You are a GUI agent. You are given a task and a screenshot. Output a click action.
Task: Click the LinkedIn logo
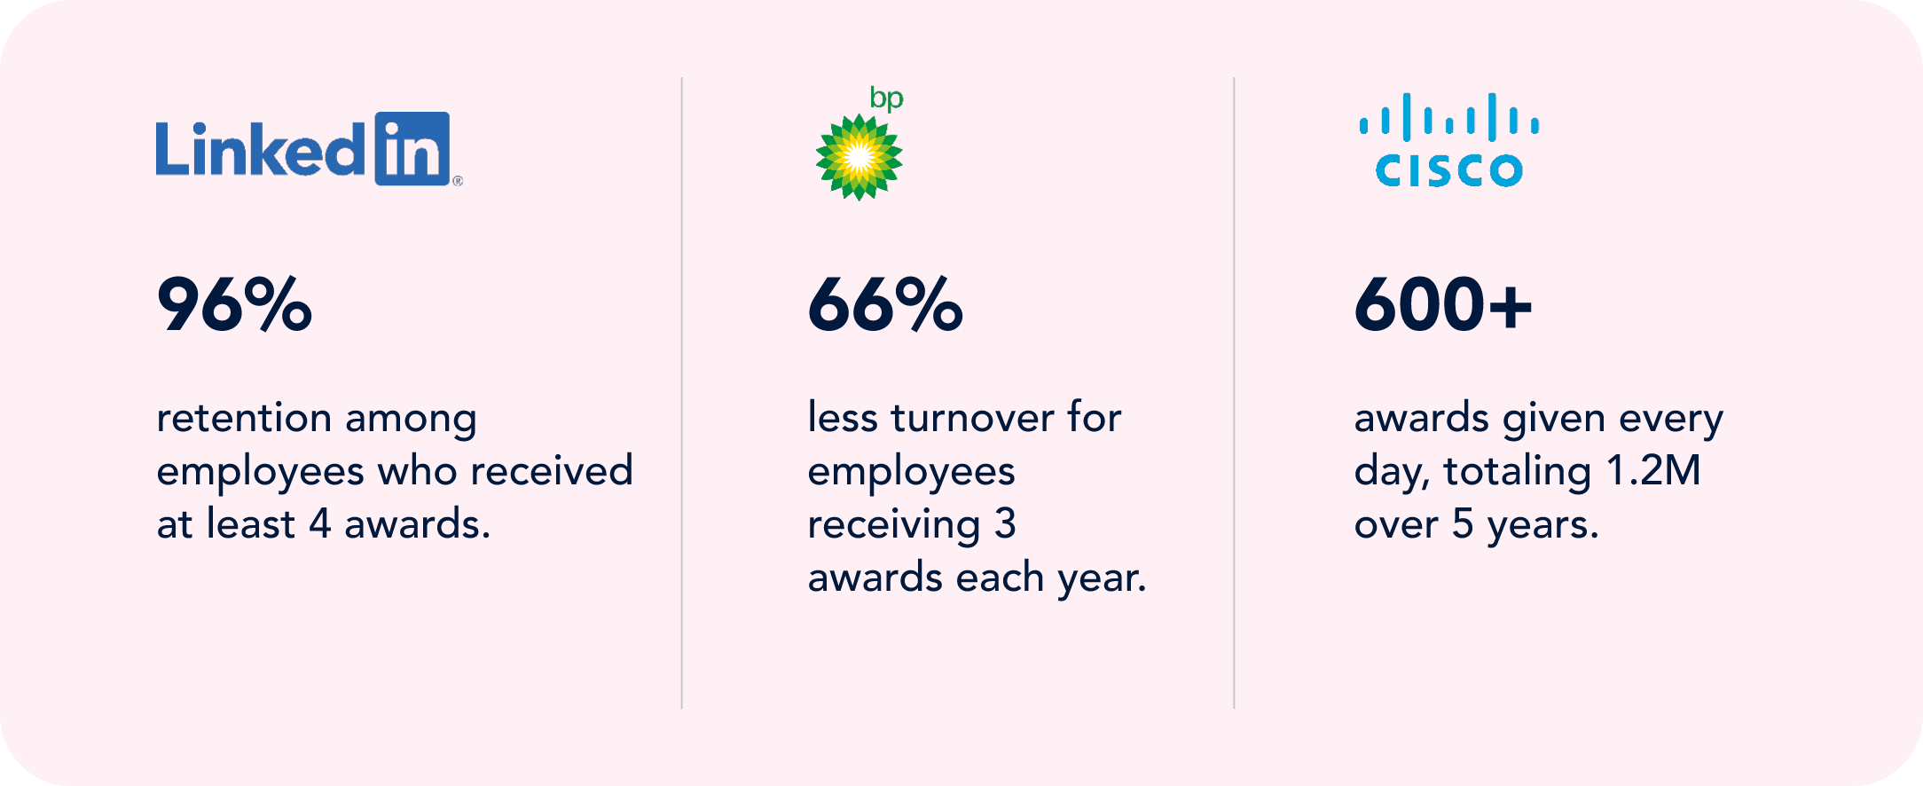pos(309,149)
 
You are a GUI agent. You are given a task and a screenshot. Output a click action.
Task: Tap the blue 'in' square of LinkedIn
pos(412,149)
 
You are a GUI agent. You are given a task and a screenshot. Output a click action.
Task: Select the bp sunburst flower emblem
pos(859,158)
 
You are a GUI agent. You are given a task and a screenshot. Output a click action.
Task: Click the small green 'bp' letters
pos(886,98)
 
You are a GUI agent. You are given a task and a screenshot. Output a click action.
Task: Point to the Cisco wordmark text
pos(1449,170)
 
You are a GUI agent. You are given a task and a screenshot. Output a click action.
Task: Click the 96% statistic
pos(234,304)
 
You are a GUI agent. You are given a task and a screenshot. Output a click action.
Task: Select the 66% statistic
pos(885,304)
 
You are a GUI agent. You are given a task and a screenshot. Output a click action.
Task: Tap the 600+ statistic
pos(1443,304)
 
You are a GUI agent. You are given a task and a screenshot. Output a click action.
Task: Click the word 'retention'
pos(244,418)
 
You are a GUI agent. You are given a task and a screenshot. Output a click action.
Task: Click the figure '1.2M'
pos(1653,470)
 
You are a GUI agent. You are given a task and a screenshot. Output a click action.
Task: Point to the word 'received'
pos(552,470)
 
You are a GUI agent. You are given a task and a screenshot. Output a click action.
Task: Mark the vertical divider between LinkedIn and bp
pos(682,393)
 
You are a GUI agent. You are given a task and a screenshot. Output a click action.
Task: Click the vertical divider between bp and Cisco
pos(1234,393)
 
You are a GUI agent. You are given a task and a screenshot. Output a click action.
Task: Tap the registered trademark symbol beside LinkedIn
pos(458,181)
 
